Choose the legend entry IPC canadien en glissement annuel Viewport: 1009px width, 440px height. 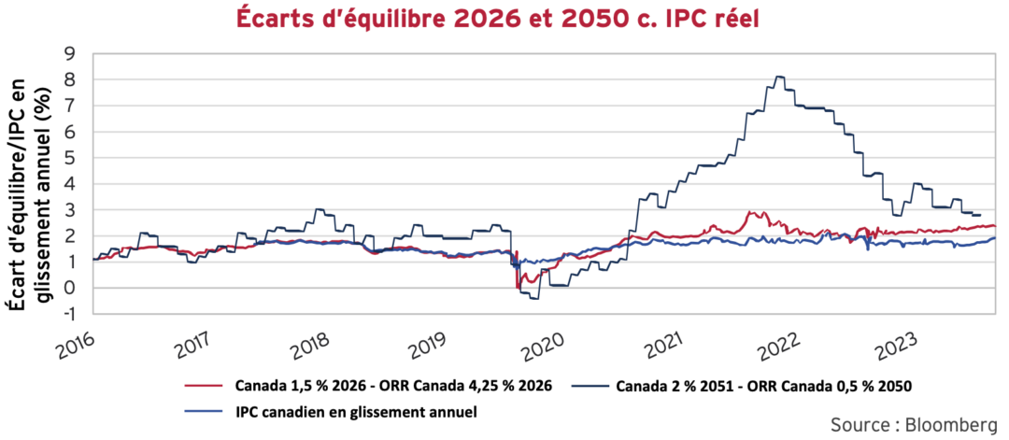pos(347,411)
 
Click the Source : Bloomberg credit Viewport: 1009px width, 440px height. pos(912,423)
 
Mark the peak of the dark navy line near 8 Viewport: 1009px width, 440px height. pos(779,77)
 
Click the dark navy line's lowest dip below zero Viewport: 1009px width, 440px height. pos(534,298)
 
